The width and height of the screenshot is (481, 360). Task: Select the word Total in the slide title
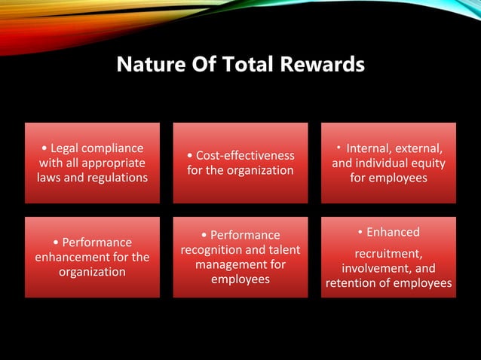[250, 66]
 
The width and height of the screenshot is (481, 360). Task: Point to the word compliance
[115, 148]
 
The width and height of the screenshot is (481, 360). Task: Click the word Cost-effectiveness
[245, 155]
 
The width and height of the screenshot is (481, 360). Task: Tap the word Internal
[370, 148]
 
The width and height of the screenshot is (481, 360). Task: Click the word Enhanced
[393, 232]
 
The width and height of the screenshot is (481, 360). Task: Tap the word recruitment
[388, 254]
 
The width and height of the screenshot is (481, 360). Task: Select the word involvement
[372, 269]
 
